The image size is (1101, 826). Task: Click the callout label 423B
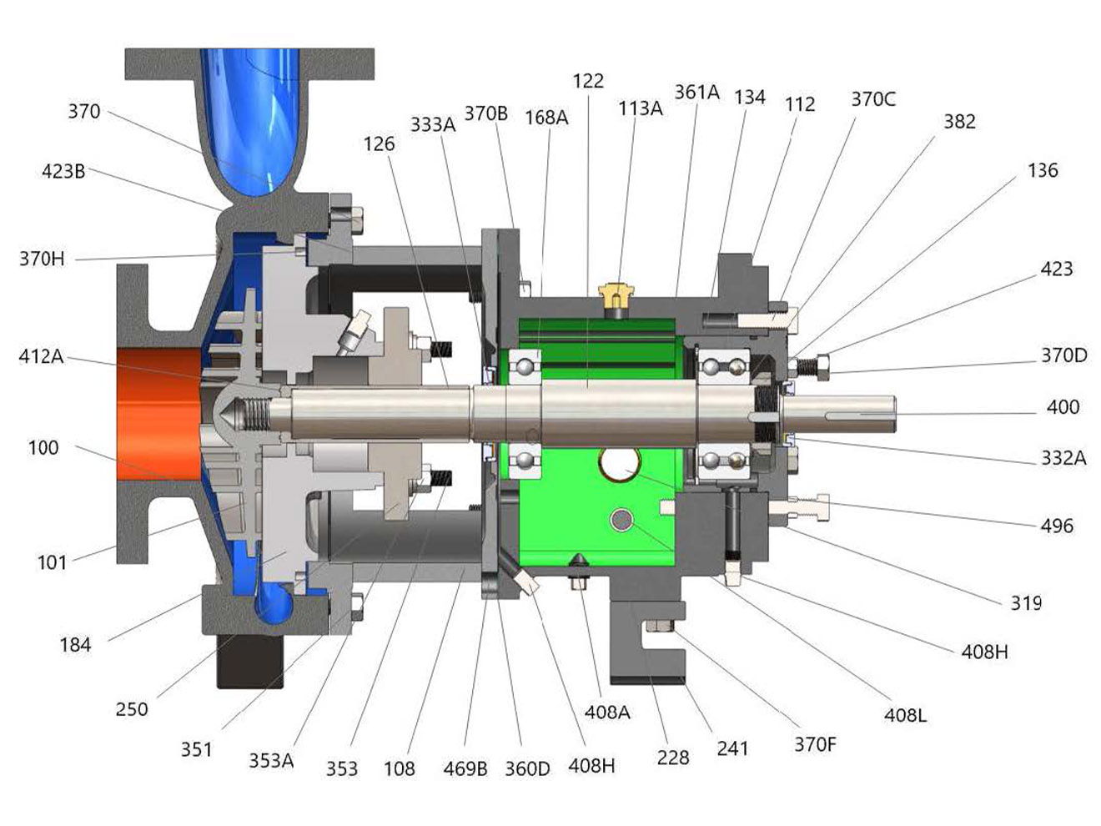pyautogui.click(x=63, y=172)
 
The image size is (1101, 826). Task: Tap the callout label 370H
pyautogui.click(x=42, y=259)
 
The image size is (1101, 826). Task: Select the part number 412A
pyautogui.click(x=41, y=356)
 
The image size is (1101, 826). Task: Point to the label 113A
pyautogui.click(x=640, y=108)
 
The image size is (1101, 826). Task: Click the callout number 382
pyautogui.click(x=959, y=122)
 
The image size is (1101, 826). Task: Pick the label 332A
pyautogui.click(x=1063, y=458)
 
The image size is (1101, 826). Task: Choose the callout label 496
pyautogui.click(x=1057, y=526)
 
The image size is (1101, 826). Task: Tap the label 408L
pyautogui.click(x=905, y=715)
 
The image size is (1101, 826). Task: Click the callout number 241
pyautogui.click(x=732, y=748)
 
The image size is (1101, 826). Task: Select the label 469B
pyautogui.click(x=465, y=768)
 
